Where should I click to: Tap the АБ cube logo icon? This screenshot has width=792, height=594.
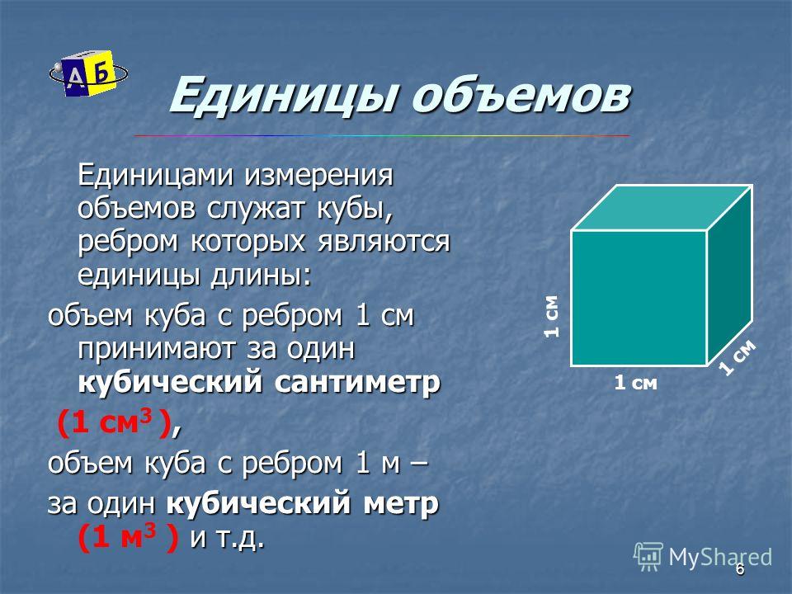coord(88,73)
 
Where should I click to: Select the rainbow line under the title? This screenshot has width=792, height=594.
coord(382,136)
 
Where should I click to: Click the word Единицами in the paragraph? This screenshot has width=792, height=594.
coord(157,175)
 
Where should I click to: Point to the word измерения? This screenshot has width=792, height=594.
coord(319,177)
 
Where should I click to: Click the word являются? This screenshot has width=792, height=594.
coord(384,242)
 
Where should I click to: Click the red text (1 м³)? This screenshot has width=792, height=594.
coord(129,537)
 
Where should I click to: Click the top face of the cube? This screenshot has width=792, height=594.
coord(662,208)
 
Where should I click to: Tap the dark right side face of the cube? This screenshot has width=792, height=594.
coord(729,276)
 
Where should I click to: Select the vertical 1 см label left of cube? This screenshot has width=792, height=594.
coord(552,316)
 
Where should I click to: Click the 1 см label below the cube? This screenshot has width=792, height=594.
coord(635,383)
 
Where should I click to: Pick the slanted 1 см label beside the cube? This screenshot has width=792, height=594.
coord(738,357)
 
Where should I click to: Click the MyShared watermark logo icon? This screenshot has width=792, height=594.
coord(648,557)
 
